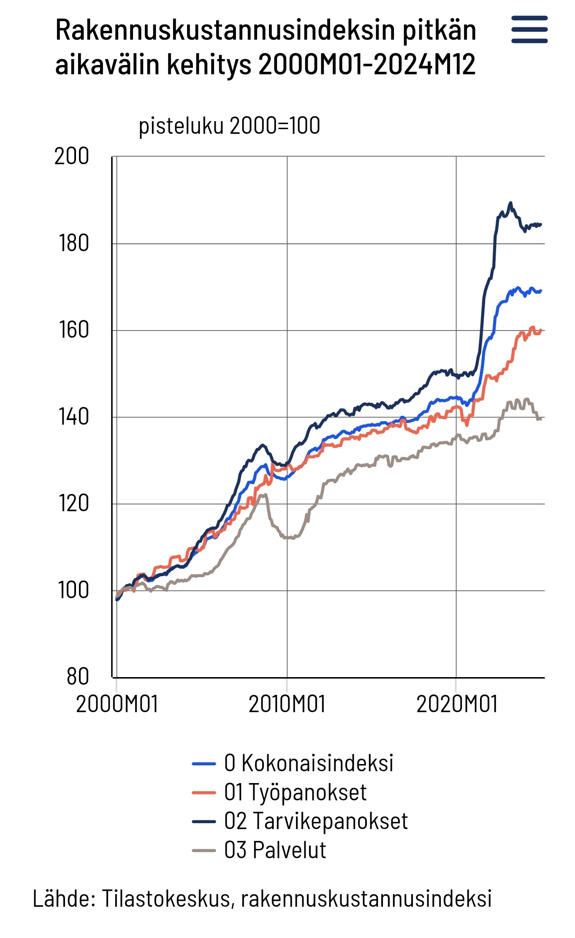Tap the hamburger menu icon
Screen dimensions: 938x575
click(x=529, y=30)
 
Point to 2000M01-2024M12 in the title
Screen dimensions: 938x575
click(x=367, y=65)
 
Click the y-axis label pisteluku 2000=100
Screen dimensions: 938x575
click(x=229, y=125)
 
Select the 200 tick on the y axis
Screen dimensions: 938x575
click(x=72, y=156)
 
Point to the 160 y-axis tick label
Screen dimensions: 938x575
click(x=73, y=330)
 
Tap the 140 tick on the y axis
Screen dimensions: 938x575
click(x=73, y=417)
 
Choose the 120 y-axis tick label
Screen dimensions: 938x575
click(x=73, y=504)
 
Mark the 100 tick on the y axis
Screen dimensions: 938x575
click(x=73, y=590)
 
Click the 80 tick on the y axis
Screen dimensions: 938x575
click(x=78, y=677)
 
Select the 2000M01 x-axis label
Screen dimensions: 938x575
click(x=117, y=705)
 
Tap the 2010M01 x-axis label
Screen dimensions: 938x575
click(x=287, y=705)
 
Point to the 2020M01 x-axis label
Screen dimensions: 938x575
click(x=457, y=705)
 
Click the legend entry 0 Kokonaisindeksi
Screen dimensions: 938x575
click(x=308, y=763)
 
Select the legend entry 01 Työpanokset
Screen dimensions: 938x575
click(x=295, y=792)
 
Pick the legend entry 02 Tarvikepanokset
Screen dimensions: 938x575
click(x=315, y=821)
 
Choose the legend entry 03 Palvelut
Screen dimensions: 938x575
click(x=275, y=850)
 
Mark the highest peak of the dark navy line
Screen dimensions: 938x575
click(x=510, y=203)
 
